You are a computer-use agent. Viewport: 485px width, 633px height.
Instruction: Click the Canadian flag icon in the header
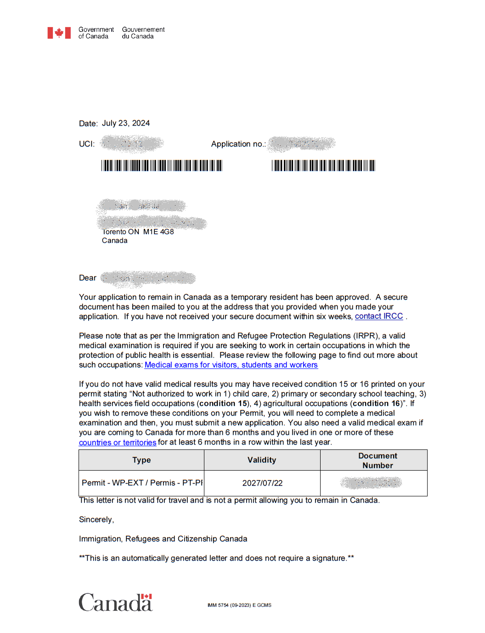59,33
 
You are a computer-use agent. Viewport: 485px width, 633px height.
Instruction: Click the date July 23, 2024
125,123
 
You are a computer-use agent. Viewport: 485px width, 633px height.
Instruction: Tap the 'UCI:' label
86,144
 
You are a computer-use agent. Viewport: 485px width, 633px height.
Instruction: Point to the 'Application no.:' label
238,144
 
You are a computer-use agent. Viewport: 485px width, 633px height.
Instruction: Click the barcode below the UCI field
162,166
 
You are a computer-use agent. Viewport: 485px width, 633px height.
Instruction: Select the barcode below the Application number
323,166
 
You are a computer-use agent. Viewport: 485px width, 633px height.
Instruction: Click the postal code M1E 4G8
158,232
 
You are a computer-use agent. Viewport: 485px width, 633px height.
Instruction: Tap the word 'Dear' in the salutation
87,278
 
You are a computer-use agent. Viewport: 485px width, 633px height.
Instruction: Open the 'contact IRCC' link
378,316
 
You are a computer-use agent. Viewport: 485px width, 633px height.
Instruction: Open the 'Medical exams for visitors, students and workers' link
231,365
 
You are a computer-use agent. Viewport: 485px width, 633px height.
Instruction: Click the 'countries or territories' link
118,443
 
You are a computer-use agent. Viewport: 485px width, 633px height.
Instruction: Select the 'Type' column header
141,460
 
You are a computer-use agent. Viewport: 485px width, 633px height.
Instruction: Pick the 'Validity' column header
262,460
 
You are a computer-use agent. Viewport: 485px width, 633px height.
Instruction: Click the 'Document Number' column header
378,460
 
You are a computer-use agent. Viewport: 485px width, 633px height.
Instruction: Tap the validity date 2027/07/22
262,483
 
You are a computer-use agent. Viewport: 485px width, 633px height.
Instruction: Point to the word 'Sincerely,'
96,519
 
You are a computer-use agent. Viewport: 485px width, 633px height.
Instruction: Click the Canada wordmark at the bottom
115,603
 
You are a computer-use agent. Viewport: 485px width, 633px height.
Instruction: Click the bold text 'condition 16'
376,403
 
